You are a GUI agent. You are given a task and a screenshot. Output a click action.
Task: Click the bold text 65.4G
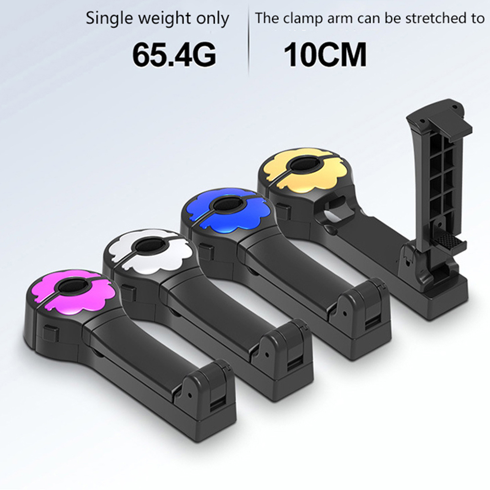point(174,55)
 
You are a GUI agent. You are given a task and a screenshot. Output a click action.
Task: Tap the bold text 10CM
point(325,55)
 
